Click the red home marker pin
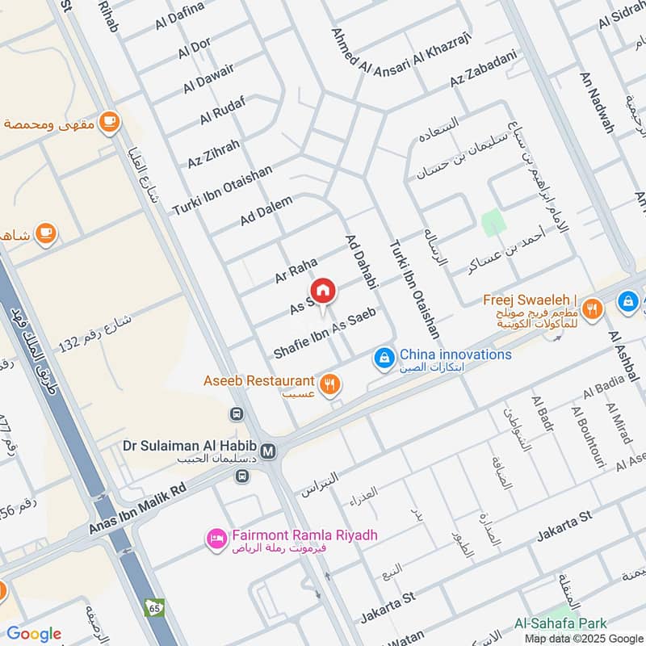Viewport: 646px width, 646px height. click(x=322, y=291)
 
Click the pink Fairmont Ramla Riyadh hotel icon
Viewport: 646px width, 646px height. click(x=216, y=539)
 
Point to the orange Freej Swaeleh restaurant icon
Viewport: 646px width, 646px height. click(x=592, y=308)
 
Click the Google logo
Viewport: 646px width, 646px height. click(x=34, y=633)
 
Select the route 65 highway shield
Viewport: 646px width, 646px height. click(x=154, y=606)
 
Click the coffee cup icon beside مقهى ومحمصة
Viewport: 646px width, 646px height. click(x=109, y=123)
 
